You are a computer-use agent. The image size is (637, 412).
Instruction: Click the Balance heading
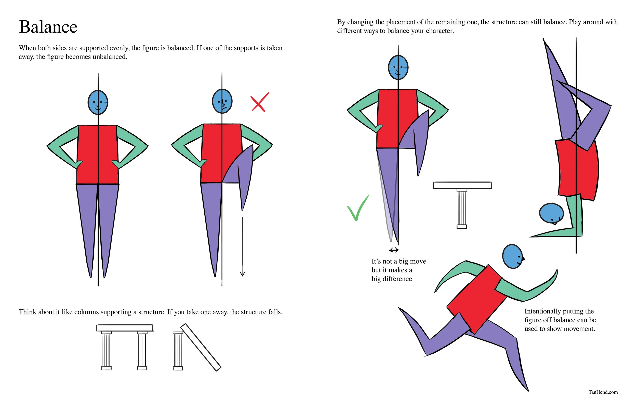[48, 27]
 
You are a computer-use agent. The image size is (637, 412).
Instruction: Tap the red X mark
[260, 102]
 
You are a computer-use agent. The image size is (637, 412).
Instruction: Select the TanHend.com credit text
[603, 392]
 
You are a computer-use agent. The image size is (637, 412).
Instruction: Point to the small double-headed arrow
[394, 250]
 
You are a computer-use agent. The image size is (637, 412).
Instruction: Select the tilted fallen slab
[201, 347]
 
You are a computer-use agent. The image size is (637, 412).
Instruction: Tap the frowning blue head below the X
[222, 101]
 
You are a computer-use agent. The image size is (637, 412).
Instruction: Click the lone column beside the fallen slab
[178, 350]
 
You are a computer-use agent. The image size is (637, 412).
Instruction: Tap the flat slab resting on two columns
[125, 328]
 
